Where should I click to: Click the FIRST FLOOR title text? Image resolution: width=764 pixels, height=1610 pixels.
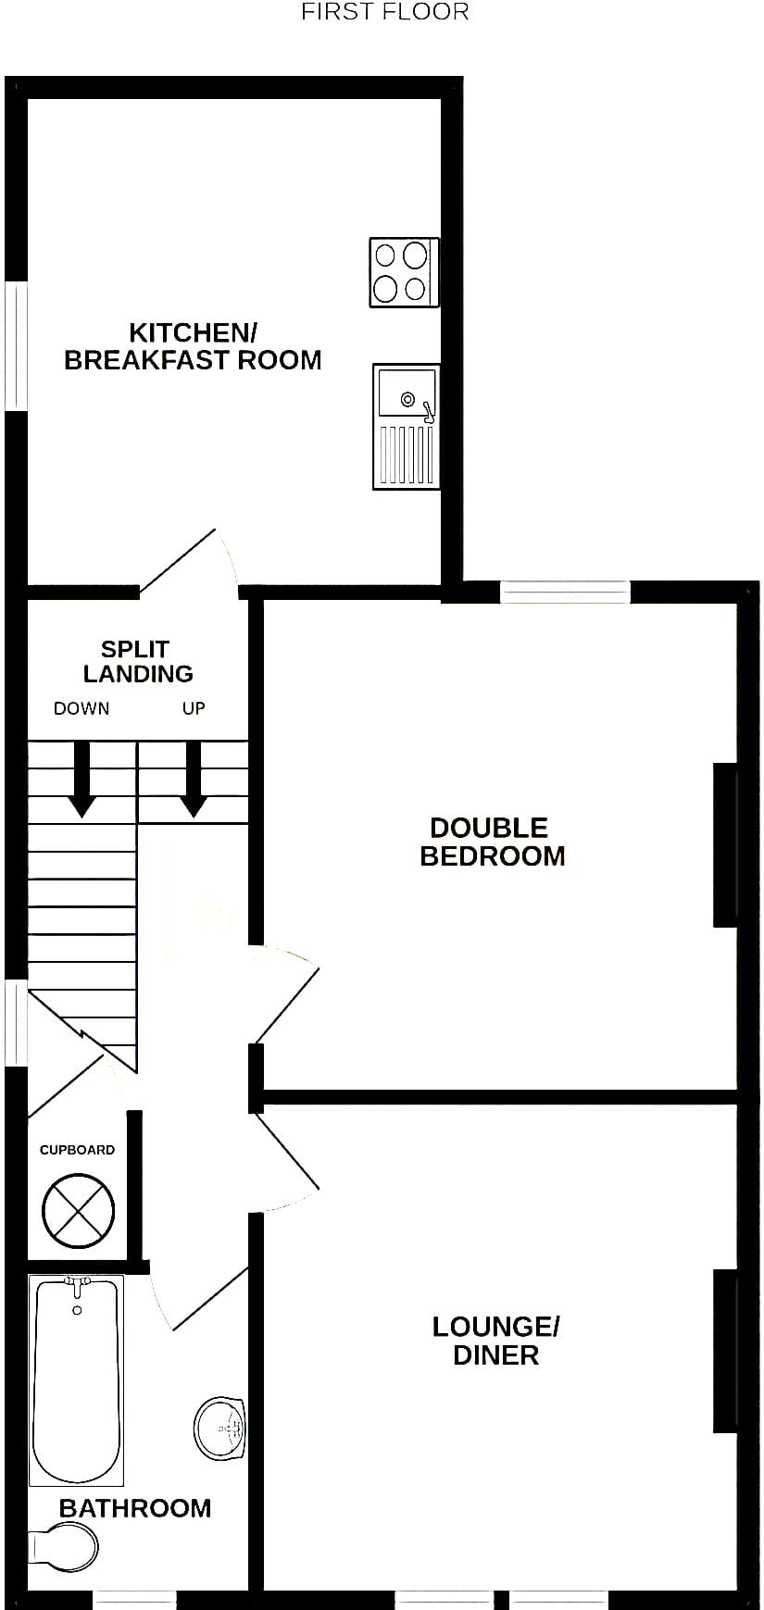(385, 12)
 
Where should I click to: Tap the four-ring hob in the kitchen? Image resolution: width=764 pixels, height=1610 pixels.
(404, 272)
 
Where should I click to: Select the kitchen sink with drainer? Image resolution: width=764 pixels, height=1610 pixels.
(407, 426)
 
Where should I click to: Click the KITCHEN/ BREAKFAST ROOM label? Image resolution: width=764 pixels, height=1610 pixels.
(193, 346)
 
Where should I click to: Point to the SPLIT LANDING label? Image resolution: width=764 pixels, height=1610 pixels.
(137, 661)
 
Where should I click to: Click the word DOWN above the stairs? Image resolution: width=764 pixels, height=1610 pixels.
(81, 709)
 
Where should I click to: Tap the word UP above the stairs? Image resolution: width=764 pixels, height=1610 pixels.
(194, 709)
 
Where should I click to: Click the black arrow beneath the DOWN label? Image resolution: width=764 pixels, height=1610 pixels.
(82, 780)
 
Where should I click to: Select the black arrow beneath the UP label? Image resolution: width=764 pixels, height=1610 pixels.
(194, 780)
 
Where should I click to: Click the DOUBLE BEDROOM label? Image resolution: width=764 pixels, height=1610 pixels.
(492, 842)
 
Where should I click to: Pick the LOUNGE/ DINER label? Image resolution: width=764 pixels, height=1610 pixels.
(495, 1341)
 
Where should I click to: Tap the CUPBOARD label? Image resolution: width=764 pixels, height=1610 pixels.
(77, 1150)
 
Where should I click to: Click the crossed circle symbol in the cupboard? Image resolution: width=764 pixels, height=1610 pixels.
(79, 1210)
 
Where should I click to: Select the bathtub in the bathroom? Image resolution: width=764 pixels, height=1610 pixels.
(76, 1380)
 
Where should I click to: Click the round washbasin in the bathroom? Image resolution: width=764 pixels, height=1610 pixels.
(220, 1429)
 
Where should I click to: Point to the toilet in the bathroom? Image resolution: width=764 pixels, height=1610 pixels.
(63, 1546)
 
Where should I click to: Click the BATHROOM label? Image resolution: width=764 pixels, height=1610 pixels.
(135, 1508)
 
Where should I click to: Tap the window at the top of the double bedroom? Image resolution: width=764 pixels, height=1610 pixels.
(565, 592)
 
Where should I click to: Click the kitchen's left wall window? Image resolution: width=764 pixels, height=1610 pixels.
(17, 345)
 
